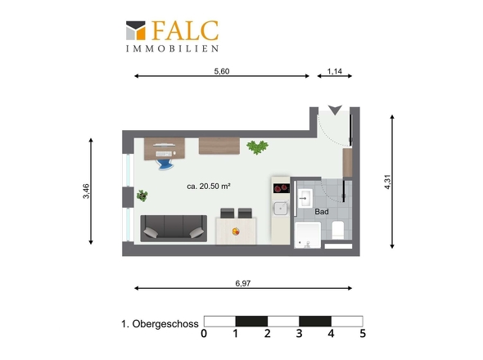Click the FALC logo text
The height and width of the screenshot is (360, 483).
pyautogui.click(x=184, y=31)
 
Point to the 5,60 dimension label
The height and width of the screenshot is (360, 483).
pyautogui.click(x=221, y=71)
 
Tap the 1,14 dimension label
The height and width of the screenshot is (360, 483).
pyautogui.click(x=334, y=71)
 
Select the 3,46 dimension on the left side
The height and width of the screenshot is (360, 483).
pyautogui.click(x=86, y=191)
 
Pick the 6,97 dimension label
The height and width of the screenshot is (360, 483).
pyautogui.click(x=242, y=283)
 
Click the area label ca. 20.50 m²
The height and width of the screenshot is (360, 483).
pyautogui.click(x=208, y=187)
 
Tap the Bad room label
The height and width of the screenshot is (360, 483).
pyautogui.click(x=322, y=212)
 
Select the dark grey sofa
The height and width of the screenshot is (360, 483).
pyautogui.click(x=173, y=227)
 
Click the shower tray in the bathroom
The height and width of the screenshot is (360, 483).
pyautogui.click(x=309, y=235)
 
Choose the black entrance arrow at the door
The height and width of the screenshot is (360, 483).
pyautogui.click(x=333, y=110)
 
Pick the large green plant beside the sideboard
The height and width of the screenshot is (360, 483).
pyautogui.click(x=258, y=147)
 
